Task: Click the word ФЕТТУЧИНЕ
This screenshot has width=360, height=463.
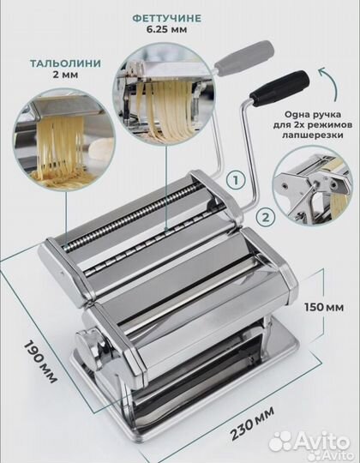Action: point(167,18)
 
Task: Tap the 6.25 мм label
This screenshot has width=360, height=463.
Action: point(167,29)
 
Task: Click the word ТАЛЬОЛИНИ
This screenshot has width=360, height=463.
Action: point(65,63)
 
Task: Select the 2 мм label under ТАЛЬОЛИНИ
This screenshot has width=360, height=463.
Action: point(65,75)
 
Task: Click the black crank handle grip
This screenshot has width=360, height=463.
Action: point(279,87)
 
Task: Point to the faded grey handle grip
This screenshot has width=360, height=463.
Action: point(244,55)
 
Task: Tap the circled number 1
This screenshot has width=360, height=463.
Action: point(236,180)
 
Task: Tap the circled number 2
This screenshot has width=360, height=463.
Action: point(266,218)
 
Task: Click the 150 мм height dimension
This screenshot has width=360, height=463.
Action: point(324,307)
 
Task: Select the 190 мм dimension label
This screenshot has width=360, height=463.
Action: point(40,362)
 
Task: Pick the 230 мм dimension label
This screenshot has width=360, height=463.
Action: point(252,423)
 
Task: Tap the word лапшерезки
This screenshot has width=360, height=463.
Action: point(313,135)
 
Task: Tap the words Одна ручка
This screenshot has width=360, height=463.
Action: point(313,114)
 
